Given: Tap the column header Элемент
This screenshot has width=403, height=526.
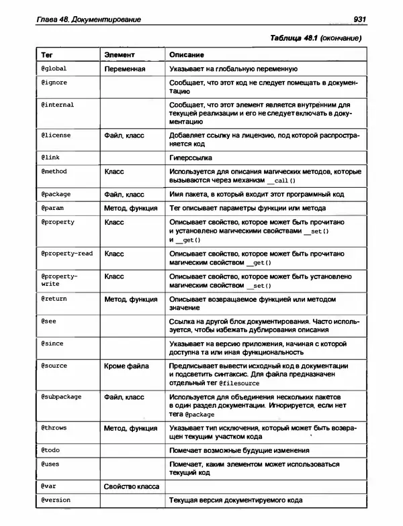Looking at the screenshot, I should tap(120, 54).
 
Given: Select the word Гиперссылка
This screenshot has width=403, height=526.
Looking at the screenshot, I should tap(191, 157).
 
